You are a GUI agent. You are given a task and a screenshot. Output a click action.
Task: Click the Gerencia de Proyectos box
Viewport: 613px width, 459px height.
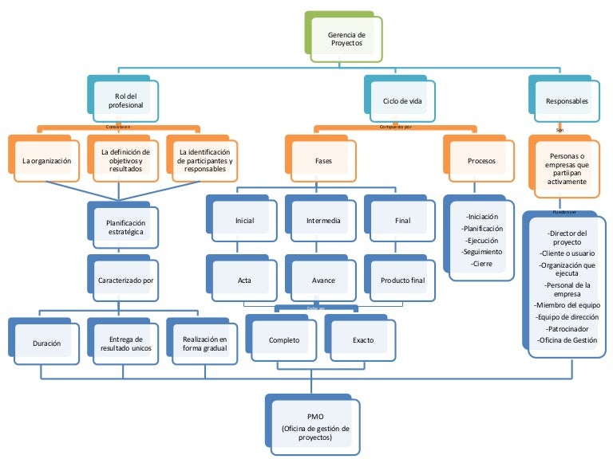point(346,40)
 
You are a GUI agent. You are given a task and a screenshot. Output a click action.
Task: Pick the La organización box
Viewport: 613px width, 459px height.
point(46,160)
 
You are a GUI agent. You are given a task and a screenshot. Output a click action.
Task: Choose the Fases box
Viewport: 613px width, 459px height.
point(323,160)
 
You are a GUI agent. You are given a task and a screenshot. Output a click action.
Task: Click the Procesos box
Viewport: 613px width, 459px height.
point(481,160)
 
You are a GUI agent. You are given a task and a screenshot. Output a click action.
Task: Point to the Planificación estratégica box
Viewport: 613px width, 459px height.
point(125,226)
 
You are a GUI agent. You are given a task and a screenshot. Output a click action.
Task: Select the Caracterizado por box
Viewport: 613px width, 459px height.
point(125,280)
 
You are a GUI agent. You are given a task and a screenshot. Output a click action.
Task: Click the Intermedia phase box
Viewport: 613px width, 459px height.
point(323,220)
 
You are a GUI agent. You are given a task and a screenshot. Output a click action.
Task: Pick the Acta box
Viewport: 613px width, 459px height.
point(244,280)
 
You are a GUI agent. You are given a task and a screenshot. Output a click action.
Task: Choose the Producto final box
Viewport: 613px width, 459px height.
point(402,280)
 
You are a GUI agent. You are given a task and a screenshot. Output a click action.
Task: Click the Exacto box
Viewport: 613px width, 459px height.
point(362,340)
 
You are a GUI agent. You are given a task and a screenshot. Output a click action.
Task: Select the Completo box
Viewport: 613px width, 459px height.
point(283,340)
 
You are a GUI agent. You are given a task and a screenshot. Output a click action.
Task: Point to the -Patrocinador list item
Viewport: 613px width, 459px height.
point(568,328)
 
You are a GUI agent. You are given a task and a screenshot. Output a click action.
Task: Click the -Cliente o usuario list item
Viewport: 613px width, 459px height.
point(568,253)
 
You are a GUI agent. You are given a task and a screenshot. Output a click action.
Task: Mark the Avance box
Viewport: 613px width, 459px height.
point(323,280)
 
